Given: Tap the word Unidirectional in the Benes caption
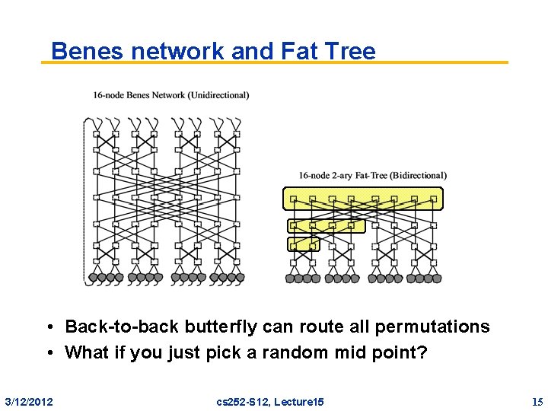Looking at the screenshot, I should coord(221,95).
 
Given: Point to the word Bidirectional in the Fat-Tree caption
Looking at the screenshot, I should coord(418,175).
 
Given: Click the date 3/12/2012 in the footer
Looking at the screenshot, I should coord(29,401).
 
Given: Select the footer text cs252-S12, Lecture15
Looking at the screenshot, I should coord(270,401).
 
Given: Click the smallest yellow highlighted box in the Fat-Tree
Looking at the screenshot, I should coord(302,244).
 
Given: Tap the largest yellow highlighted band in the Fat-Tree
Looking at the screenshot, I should coord(362,199).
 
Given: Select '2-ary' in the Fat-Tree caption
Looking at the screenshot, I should coord(345,175).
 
